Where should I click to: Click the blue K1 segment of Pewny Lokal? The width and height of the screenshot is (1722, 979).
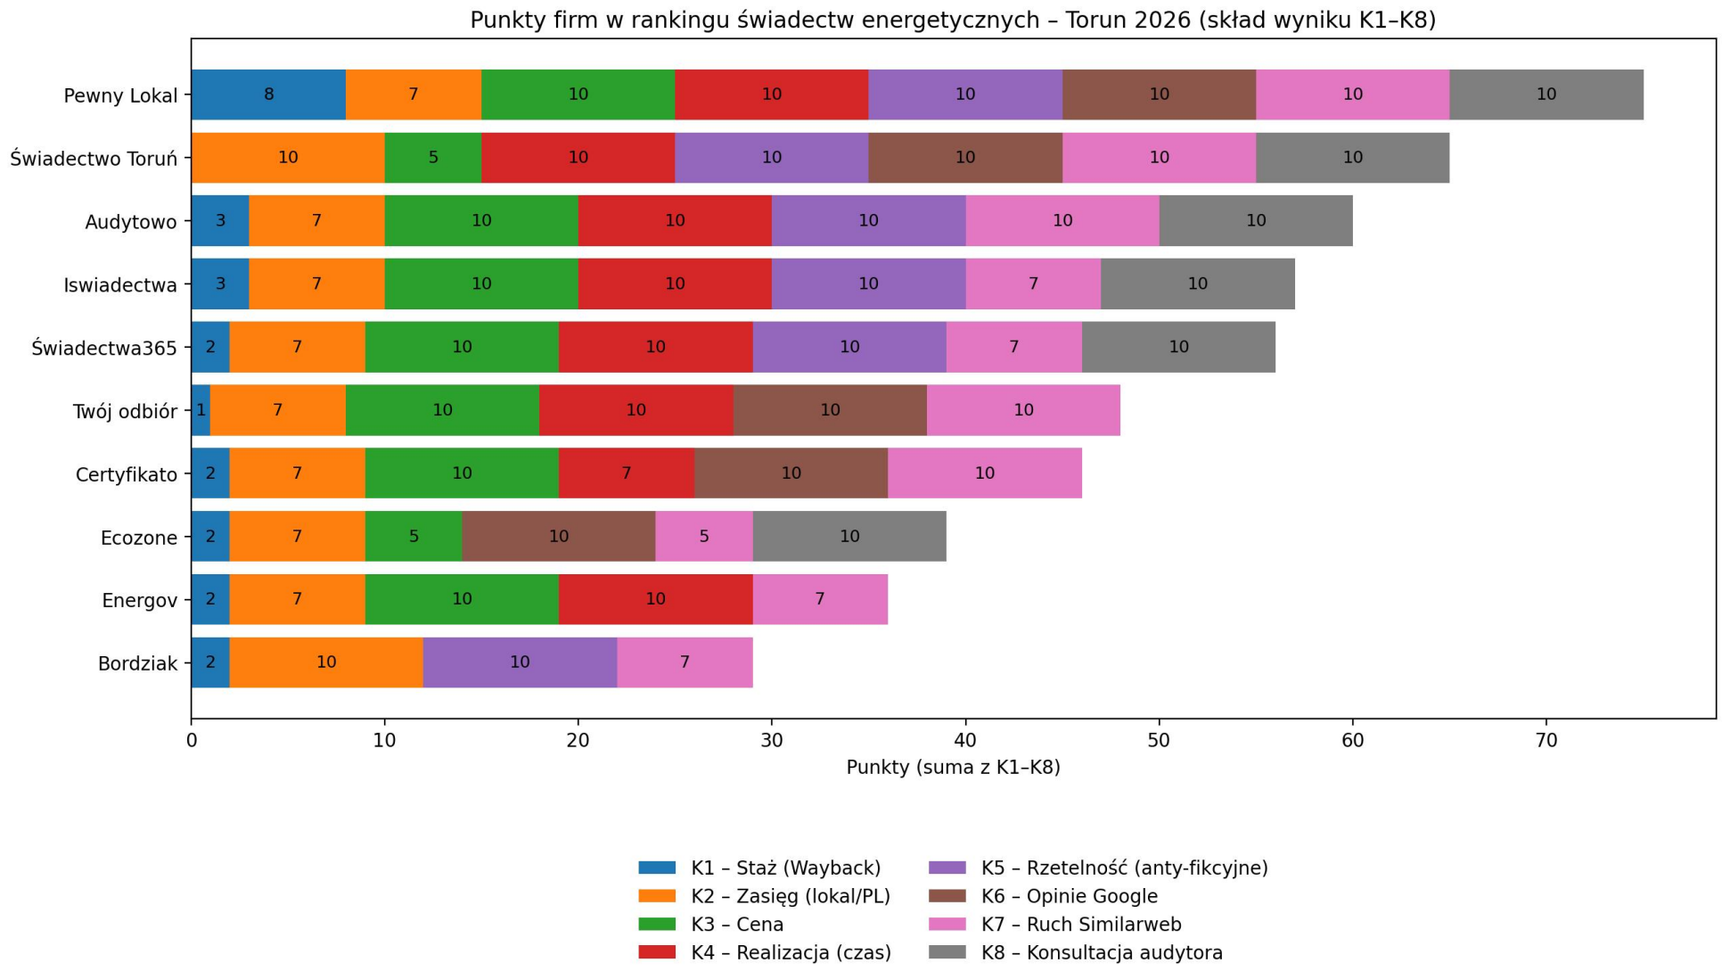pos(268,95)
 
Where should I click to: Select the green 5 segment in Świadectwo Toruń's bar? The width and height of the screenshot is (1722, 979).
pos(433,158)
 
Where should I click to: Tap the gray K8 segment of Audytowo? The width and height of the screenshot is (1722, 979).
pos(1255,220)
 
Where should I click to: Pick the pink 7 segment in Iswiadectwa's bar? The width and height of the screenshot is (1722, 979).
pos(1033,284)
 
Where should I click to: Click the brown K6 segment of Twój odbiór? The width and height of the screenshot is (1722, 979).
pos(830,410)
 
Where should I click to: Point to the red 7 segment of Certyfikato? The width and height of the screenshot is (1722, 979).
pos(626,473)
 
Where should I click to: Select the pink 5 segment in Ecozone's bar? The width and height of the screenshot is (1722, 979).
pos(703,537)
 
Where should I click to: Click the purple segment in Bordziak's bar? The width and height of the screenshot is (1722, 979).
pos(520,662)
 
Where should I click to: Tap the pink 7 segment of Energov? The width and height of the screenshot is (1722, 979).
pos(819,599)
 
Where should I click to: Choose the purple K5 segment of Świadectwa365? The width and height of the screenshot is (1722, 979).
pos(849,347)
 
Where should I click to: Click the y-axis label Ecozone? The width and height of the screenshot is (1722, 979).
pos(139,538)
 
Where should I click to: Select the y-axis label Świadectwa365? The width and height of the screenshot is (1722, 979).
pos(104,348)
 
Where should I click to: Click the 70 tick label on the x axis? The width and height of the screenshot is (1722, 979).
pos(1546,741)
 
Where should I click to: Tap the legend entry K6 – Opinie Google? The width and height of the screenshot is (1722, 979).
pos(1069,896)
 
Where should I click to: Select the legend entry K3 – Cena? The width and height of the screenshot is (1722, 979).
pos(736,925)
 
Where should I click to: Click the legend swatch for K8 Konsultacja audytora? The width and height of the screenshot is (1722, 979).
pos(947,952)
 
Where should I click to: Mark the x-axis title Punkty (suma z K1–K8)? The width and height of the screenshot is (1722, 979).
pos(953,768)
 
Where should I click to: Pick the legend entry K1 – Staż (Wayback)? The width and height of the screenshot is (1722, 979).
pos(784,868)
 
